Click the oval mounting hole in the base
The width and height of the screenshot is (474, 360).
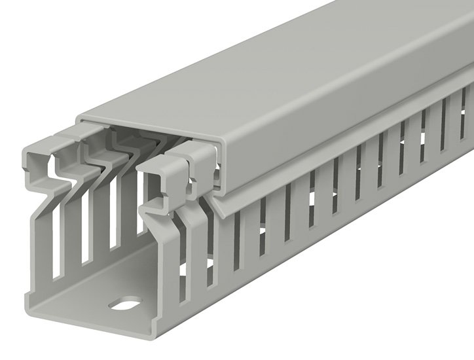tap(124, 304)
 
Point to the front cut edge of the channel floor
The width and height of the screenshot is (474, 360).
tap(92, 324)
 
